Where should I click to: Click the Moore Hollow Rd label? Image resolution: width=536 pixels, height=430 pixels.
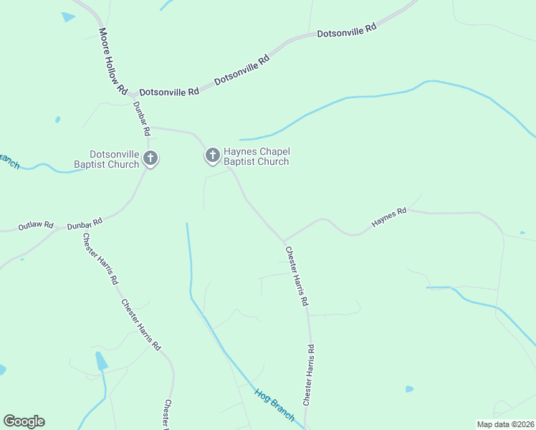tap(113, 62)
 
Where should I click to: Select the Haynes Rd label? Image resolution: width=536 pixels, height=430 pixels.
tap(389, 218)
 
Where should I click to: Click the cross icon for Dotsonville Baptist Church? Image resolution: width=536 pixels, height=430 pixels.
tap(150, 158)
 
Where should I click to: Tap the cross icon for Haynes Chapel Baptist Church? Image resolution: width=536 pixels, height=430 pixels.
tap(212, 155)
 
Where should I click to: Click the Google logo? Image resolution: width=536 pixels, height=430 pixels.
tap(24, 421)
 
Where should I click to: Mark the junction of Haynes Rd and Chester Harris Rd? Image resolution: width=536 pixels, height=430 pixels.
tap(284, 241)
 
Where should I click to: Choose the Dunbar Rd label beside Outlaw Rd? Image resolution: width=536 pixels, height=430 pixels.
tap(85, 223)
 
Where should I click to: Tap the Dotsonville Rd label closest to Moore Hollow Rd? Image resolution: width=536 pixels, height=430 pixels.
tap(169, 92)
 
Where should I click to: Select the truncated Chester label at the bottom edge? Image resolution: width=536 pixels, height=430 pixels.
tap(168, 414)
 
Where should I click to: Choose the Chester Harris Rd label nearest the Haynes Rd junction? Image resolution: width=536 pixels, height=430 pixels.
tap(297, 277)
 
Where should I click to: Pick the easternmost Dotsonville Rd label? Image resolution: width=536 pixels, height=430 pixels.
tap(347, 31)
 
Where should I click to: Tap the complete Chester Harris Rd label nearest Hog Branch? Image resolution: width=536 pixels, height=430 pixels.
tap(308, 375)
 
